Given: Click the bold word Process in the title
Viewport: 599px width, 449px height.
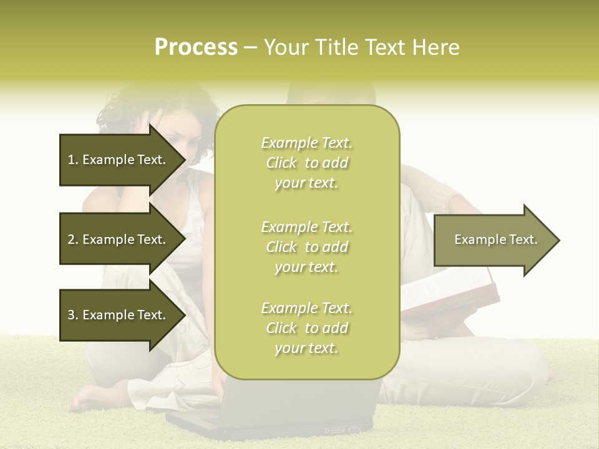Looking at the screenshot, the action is (196, 47).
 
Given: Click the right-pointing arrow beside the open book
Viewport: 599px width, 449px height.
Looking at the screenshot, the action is (496, 240).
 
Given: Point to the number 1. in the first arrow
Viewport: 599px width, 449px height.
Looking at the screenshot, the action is (73, 160).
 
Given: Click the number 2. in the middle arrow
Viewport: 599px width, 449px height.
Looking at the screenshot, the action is (73, 239).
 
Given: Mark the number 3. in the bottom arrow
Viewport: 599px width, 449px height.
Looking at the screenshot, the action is (73, 315).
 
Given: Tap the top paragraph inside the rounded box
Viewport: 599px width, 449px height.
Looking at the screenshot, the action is (306, 163).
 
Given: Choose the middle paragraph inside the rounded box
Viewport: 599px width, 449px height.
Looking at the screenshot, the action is (306, 247).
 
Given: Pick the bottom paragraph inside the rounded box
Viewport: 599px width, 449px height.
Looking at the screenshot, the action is (306, 328).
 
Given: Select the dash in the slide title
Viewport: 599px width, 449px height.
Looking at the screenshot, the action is (251, 47).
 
